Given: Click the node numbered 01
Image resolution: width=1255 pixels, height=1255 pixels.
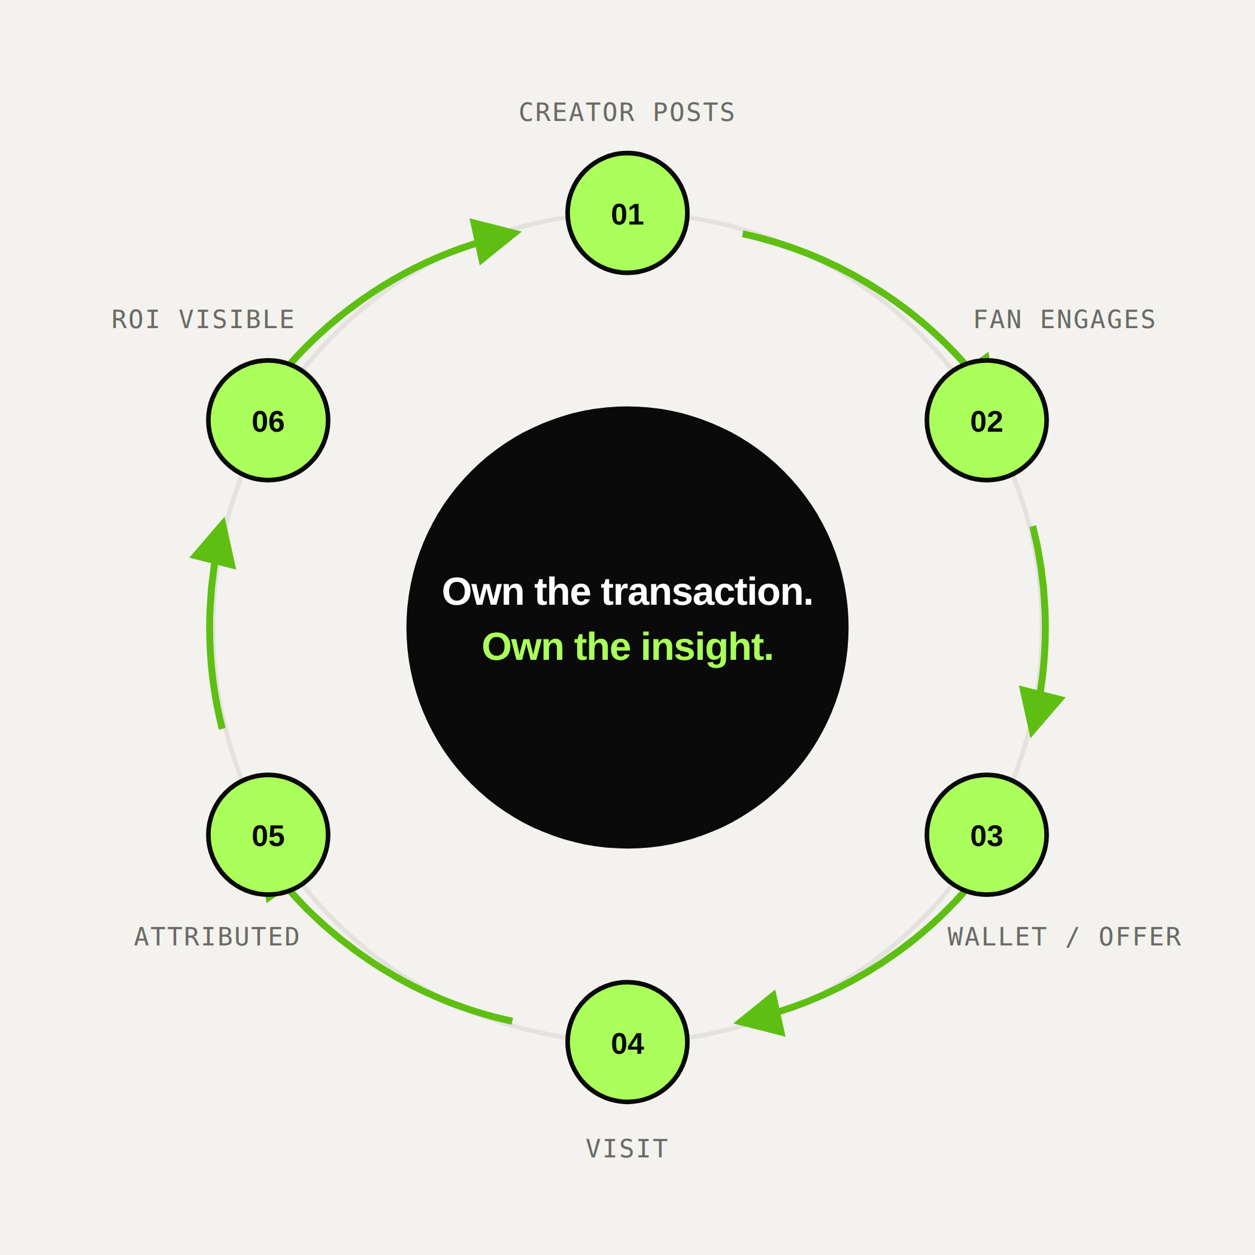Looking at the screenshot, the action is pos(627,213).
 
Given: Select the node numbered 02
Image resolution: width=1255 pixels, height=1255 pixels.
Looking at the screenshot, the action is pos(987,420).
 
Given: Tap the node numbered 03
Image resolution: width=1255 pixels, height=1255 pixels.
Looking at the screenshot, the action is pos(987,835).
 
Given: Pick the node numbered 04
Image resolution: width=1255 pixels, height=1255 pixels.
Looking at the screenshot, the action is pos(627,1042).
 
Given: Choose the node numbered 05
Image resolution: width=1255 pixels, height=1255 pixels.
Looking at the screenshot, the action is pos(268,835).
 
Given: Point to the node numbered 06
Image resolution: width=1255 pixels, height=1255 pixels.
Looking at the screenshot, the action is pos(268,420).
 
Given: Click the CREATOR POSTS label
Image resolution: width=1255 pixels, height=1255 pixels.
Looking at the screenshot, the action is pos(627,113).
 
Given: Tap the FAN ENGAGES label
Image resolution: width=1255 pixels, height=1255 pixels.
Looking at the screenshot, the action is pos(1065,320).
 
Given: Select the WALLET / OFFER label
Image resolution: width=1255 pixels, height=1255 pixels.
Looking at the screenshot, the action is pos(1065,936).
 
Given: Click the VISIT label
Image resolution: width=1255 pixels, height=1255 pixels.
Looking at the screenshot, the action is pos(627,1149).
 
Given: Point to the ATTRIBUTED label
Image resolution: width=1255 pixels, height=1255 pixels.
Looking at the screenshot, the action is pos(217,936).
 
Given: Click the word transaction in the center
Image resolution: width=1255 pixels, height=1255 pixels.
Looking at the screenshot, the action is pos(707,592).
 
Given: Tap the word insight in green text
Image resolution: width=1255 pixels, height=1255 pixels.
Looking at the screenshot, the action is pos(707,647).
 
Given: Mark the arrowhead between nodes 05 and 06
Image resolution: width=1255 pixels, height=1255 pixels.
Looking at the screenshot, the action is pos(215,546).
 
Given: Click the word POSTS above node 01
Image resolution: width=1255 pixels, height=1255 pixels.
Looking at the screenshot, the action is pos(694,113).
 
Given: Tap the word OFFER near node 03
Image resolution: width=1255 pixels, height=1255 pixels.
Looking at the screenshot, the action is pos(1140,936).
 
